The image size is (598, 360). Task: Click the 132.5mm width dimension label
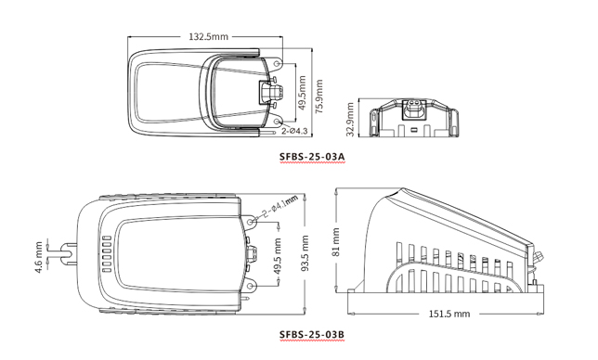pos(208,36)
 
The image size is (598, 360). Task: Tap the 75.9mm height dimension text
pos(318,96)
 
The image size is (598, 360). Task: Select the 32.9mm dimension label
pos(350,120)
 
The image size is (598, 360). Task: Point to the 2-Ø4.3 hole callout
pos(294,131)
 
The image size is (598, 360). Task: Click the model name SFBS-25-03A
pos(312,156)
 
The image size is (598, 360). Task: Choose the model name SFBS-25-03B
pos(312,334)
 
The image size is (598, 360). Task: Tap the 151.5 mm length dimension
pos(449,314)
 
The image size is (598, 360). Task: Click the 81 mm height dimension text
pos(336,242)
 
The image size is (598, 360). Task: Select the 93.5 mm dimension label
pos(305,253)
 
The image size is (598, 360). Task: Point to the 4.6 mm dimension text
pos(38,257)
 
